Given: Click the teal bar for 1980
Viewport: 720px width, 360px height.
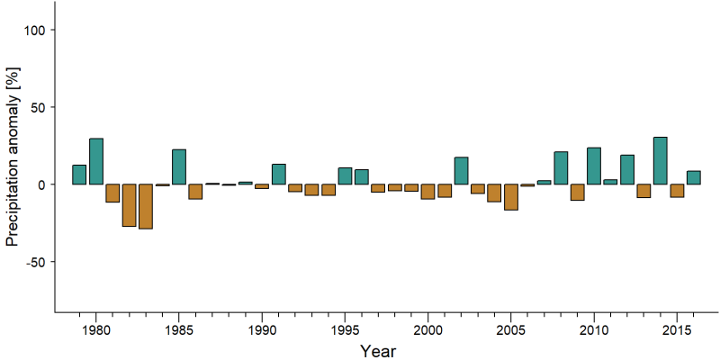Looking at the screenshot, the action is tap(96, 161).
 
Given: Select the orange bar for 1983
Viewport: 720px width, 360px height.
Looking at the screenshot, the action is tap(146, 207).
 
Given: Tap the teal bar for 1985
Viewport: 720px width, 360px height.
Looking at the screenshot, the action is tap(179, 166).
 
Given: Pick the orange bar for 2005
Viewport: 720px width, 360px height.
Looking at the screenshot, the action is tap(511, 197).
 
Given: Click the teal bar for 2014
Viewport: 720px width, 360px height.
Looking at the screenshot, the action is tap(661, 161).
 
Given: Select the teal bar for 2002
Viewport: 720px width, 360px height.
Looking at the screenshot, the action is tap(461, 171).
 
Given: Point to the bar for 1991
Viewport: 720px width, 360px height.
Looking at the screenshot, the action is tap(279, 174).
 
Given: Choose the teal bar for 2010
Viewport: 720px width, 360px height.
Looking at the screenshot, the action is tap(594, 166).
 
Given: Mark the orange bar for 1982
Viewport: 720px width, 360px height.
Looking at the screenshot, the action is tap(129, 205).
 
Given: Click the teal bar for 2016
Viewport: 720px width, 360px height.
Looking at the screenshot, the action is tap(693, 177).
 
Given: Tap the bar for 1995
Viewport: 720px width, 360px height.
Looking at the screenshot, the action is tap(345, 175).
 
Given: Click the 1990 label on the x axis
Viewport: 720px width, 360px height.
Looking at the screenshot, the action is tap(262, 331).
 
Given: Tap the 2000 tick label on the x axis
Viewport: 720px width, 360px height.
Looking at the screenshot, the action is tap(428, 331).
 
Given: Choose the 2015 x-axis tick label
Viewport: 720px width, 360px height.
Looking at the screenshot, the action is tap(677, 331).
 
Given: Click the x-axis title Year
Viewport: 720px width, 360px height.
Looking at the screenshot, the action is tap(377, 351).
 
